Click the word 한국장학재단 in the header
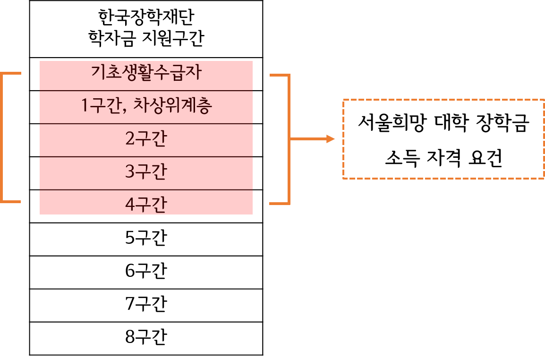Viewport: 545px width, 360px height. click(146, 17)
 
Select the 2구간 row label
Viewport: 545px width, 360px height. click(146, 138)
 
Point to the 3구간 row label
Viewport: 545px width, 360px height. click(146, 171)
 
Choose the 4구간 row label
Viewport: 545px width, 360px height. click(146, 205)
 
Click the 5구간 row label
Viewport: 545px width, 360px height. click(146, 238)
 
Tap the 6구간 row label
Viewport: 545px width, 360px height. click(146, 271)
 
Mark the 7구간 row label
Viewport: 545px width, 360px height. click(146, 304)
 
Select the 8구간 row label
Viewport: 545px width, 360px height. click(146, 337)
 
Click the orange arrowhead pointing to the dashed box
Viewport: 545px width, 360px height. click(330, 139)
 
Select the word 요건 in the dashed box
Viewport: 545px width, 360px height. click(485, 158)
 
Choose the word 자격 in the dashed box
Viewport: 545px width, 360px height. click(444, 158)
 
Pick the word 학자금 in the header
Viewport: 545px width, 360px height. click(111, 38)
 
